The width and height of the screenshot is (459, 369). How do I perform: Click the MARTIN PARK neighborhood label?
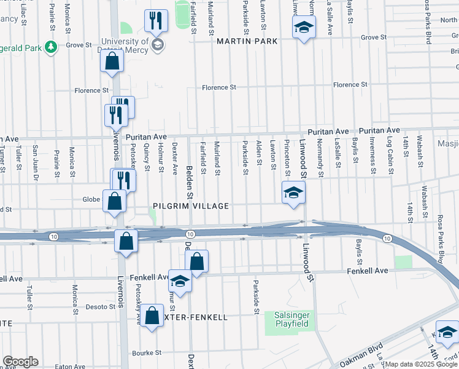(x=247, y=41)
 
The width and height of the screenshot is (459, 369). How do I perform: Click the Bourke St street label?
(x=146, y=353)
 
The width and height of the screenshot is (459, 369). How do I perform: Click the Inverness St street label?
(x=372, y=155)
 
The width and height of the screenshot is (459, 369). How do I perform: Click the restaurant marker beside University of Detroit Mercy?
(x=156, y=22)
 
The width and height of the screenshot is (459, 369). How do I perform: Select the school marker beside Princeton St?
(x=293, y=193)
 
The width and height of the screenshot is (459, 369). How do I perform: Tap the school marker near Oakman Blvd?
(x=447, y=332)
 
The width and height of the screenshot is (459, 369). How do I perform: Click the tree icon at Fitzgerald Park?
(x=52, y=46)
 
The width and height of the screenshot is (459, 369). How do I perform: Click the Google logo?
(x=20, y=362)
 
